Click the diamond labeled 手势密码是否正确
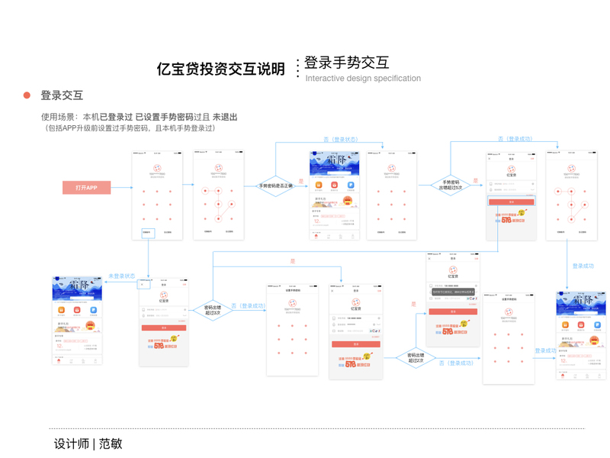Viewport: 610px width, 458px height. click(x=274, y=185)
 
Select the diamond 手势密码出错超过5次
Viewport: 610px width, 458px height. click(x=451, y=185)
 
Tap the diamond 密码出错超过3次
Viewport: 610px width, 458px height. click(x=211, y=309)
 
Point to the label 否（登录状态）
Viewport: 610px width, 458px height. click(x=340, y=140)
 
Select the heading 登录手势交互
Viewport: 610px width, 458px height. click(x=346, y=63)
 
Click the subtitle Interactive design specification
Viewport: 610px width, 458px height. click(x=363, y=79)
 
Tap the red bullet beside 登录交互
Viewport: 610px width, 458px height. click(x=27, y=95)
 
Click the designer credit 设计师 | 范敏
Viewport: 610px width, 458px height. click(x=88, y=443)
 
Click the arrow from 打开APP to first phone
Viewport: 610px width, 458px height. click(x=120, y=188)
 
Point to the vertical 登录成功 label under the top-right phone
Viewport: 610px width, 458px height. click(x=583, y=266)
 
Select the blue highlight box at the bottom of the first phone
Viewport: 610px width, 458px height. click(x=147, y=233)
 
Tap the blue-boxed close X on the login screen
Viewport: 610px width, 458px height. click(x=143, y=284)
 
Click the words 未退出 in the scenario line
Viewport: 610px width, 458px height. click(x=225, y=117)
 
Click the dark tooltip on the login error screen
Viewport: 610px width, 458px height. click(x=453, y=292)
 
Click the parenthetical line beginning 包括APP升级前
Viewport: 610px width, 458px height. click(x=131, y=128)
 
